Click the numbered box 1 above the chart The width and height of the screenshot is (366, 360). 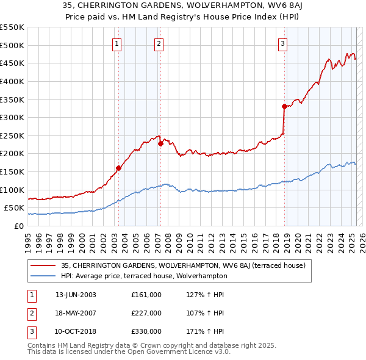click(x=117, y=43)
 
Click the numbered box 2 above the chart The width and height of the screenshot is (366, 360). click(x=159, y=43)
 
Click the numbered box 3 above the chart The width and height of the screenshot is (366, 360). click(x=283, y=43)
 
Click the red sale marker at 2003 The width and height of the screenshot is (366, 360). click(x=118, y=168)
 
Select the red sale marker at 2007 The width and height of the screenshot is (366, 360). click(x=160, y=144)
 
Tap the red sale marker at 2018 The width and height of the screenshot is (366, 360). click(x=284, y=106)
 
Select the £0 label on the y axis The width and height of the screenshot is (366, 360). click(x=18, y=226)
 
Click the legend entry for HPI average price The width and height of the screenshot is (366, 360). click(x=144, y=276)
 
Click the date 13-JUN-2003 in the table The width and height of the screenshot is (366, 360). click(x=76, y=295)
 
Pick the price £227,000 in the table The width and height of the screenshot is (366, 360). click(x=146, y=313)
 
